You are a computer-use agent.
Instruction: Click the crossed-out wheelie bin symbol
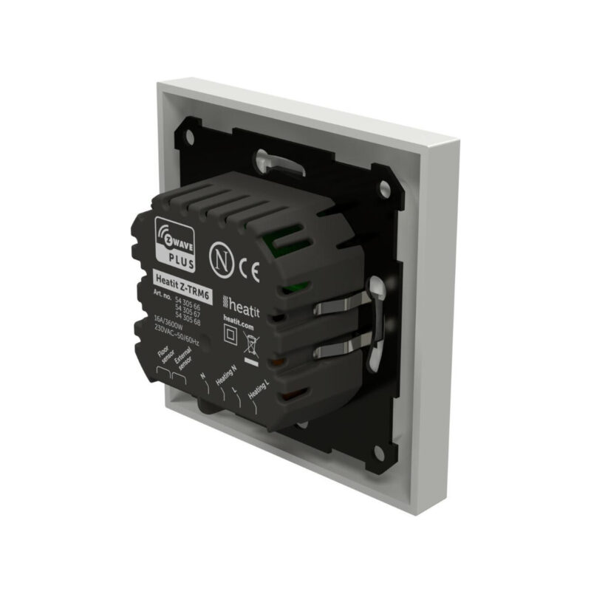click(251, 345)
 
